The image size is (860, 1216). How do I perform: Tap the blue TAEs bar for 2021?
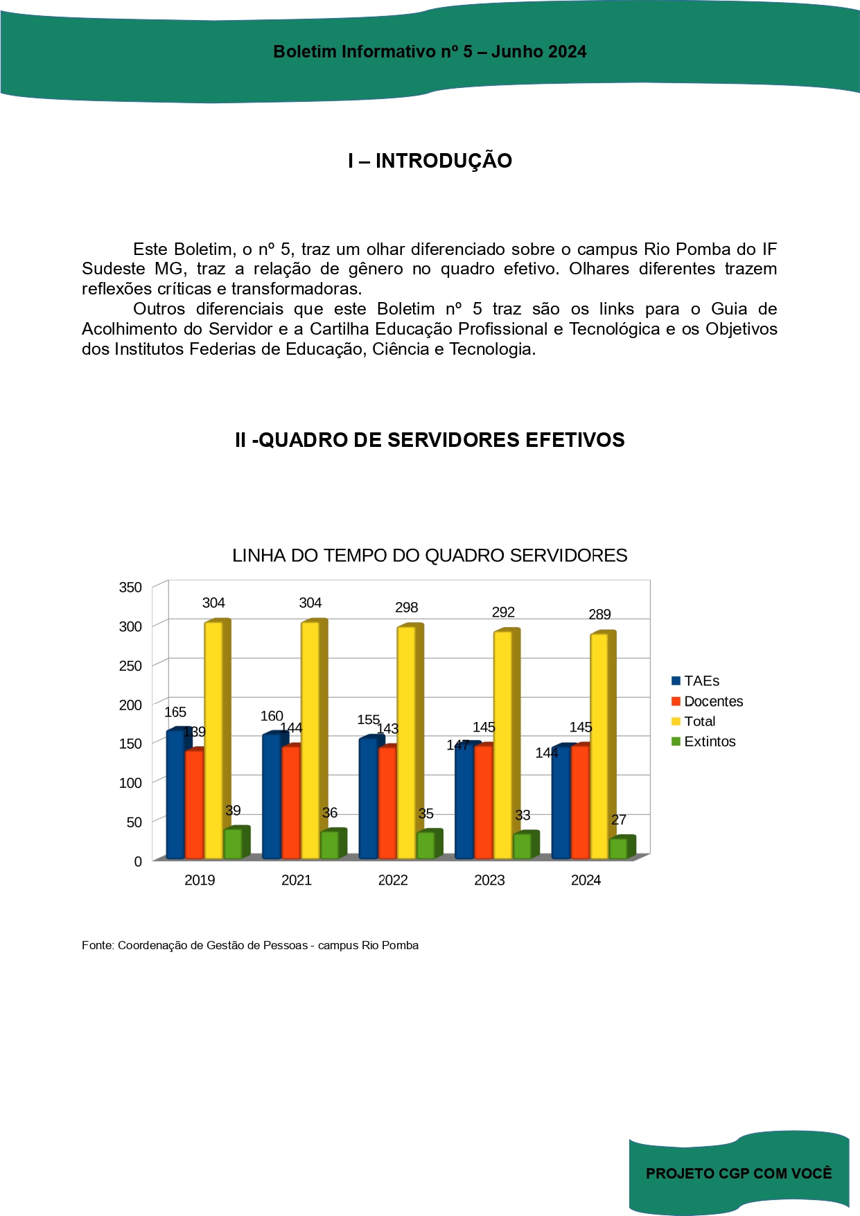click(x=271, y=796)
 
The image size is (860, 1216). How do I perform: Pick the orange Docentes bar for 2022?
click(x=387, y=803)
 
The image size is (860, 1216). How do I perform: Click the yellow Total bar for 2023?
click(x=502, y=745)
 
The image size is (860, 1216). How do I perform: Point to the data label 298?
click(x=406, y=608)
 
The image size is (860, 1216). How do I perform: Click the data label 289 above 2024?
click(x=599, y=615)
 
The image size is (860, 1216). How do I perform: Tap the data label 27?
click(x=619, y=820)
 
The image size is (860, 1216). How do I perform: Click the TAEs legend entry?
click(x=696, y=681)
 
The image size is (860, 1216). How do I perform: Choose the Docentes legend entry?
click(x=707, y=701)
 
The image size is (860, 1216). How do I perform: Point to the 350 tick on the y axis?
click(x=130, y=588)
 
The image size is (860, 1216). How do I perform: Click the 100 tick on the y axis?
click(x=130, y=783)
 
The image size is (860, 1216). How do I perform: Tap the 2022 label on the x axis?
click(x=393, y=880)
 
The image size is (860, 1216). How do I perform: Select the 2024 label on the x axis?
click(x=586, y=880)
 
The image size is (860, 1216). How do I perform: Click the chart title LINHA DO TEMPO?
click(x=430, y=556)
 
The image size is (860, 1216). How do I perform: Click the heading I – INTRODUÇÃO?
click(x=430, y=161)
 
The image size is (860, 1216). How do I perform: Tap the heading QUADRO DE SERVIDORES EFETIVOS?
click(x=430, y=440)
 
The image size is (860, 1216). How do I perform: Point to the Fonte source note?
click(x=250, y=945)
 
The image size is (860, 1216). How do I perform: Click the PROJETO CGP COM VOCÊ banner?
click(x=739, y=1173)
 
